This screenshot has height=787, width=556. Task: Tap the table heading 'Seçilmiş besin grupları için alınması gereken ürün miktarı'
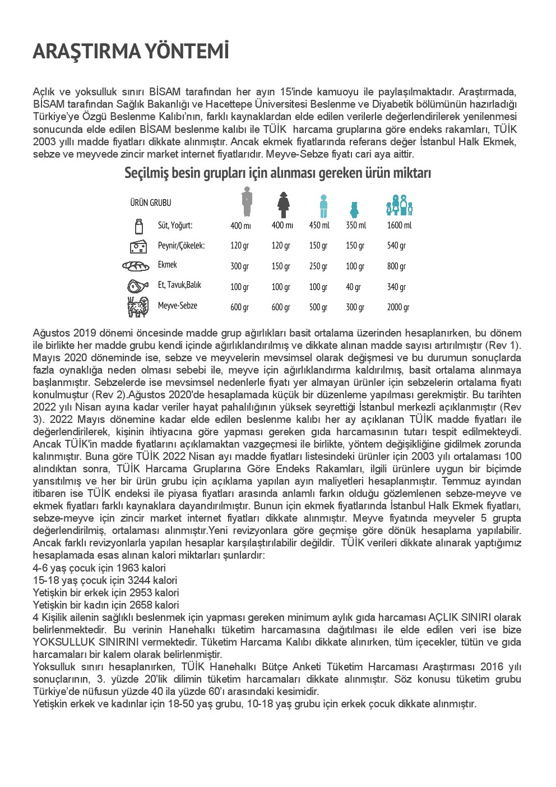277,173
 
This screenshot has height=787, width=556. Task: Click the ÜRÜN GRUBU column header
151,202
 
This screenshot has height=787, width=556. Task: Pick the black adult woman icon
284,205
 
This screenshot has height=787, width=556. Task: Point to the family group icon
399,205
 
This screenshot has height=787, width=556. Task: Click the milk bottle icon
137,226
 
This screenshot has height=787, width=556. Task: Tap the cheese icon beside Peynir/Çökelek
138,246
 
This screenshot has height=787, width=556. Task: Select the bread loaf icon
137,265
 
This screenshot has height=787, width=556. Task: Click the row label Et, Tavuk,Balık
179,285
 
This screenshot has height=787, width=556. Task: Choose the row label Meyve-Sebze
177,306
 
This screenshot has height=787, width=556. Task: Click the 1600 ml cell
399,225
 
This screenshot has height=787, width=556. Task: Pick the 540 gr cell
396,246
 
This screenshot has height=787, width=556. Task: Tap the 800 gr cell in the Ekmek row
396,266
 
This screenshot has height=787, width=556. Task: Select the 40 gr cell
353,287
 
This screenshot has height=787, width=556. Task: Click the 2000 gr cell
398,307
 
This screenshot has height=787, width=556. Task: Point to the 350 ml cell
355,225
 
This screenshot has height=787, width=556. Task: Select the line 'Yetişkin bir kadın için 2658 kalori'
106,605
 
